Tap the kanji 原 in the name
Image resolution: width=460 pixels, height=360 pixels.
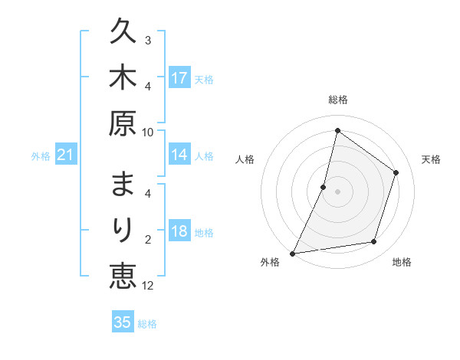point(123,123)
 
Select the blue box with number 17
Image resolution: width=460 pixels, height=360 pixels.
point(179,78)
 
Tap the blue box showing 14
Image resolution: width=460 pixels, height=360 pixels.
point(179,155)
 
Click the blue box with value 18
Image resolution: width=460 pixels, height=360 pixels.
point(179,231)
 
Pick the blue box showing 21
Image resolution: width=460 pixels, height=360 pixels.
point(66,155)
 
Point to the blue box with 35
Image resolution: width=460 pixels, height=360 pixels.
point(123,322)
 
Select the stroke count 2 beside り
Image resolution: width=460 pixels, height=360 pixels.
point(148,240)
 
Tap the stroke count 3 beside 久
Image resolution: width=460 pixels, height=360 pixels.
point(148,40)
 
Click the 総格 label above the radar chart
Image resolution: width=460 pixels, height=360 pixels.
point(337,100)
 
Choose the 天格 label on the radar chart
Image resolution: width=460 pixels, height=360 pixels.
point(431,159)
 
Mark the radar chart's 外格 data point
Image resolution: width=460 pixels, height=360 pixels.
point(293,253)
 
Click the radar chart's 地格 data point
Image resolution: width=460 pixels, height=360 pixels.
point(374,242)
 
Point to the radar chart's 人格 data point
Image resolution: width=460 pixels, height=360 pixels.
point(324,187)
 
